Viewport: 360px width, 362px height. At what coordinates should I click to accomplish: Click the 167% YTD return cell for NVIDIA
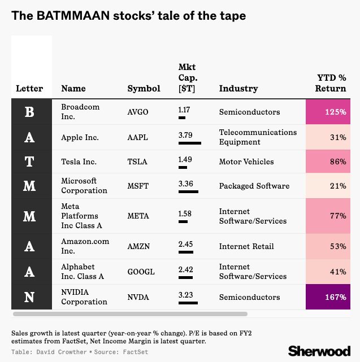point(328,297)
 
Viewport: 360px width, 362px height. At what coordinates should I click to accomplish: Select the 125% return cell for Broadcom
point(328,112)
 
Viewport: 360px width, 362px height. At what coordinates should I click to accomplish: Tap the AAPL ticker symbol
point(137,137)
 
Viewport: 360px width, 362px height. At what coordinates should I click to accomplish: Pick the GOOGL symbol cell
point(141,272)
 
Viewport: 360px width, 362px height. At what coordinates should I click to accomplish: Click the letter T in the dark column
point(29,162)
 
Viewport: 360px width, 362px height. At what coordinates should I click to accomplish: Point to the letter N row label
point(29,297)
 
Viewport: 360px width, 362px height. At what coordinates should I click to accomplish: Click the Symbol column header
point(144,89)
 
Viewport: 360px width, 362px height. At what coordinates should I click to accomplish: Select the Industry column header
point(238,89)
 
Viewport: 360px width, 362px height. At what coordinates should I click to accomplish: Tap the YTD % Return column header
point(331,83)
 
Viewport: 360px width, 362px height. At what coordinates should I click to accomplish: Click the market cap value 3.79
point(185,135)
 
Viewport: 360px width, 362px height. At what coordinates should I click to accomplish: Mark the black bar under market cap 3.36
point(188,191)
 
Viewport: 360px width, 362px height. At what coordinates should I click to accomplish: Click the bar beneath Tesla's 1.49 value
point(183,167)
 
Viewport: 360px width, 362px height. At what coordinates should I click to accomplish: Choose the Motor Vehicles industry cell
point(246,162)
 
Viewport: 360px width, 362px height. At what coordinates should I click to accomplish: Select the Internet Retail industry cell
point(246,246)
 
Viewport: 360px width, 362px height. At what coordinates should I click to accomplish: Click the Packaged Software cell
point(254,186)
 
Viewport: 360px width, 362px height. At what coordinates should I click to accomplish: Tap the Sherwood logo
point(319,351)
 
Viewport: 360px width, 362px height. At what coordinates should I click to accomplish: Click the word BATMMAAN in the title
point(73,16)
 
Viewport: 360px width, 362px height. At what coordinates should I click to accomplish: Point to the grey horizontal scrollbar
point(131,314)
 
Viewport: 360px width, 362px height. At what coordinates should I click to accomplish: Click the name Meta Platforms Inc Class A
point(81,216)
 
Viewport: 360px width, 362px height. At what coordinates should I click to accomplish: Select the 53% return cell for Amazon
point(328,246)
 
